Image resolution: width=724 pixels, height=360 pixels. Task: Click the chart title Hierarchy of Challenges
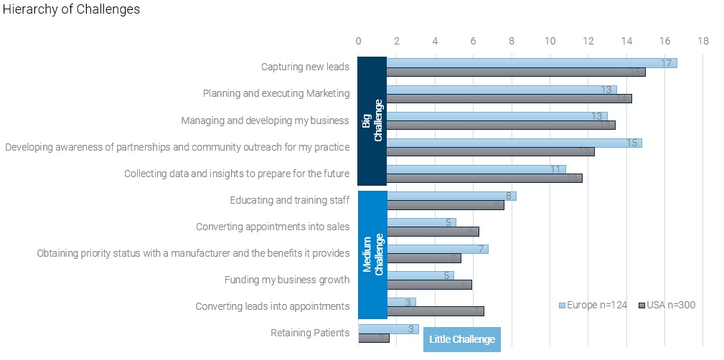pyautogui.click(x=71, y=9)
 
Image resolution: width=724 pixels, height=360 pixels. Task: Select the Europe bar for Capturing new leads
pyautogui.click(x=531, y=63)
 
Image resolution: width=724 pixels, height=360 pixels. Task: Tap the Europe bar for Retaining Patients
pyautogui.click(x=388, y=329)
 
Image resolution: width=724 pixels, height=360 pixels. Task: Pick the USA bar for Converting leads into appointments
pyautogui.click(x=435, y=311)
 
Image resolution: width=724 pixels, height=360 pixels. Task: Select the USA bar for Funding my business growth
pyautogui.click(x=428, y=285)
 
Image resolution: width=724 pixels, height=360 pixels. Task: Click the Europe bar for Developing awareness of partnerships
pyautogui.click(x=513, y=143)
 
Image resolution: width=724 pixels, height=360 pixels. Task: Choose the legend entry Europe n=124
pyautogui.click(x=593, y=305)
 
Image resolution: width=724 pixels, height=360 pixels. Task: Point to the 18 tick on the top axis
pyautogui.click(x=702, y=41)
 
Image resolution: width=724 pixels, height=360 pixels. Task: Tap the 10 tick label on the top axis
pyautogui.click(x=550, y=41)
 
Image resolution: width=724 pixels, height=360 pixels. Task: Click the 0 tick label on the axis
pyautogui.click(x=358, y=41)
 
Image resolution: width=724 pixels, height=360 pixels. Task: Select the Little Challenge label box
pyautogui.click(x=461, y=339)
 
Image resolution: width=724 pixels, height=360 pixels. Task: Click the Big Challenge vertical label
pyautogui.click(x=372, y=120)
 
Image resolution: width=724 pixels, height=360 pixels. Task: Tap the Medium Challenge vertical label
pyautogui.click(x=372, y=254)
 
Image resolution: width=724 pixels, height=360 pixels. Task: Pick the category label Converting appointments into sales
pyautogui.click(x=273, y=227)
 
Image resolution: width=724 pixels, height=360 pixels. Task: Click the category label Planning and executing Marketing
pyautogui.click(x=276, y=93)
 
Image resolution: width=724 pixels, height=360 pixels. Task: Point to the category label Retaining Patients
pyautogui.click(x=310, y=333)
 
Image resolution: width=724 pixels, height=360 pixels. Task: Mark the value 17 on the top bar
pyautogui.click(x=666, y=63)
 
